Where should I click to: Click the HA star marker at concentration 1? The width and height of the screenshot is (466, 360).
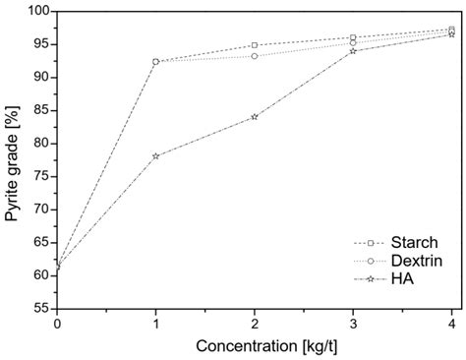pyautogui.click(x=156, y=155)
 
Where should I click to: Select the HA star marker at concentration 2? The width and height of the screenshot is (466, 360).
pyautogui.click(x=255, y=116)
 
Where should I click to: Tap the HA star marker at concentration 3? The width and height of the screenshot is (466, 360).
pyautogui.click(x=353, y=50)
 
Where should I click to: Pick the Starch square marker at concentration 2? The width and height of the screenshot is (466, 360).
pyautogui.click(x=255, y=45)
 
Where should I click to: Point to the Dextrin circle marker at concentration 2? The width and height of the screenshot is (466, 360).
pyautogui.click(x=255, y=56)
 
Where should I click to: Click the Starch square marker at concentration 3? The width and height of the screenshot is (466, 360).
pyautogui.click(x=353, y=37)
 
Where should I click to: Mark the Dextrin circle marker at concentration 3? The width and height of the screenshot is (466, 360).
pyautogui.click(x=353, y=42)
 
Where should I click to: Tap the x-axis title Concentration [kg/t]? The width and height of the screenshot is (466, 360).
pyautogui.click(x=256, y=346)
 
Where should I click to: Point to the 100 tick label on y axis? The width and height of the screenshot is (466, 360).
pyautogui.click(x=37, y=11)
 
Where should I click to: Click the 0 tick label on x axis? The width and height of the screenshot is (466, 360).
pyautogui.click(x=58, y=324)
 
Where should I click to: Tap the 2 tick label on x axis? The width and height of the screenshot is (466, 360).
pyautogui.click(x=255, y=324)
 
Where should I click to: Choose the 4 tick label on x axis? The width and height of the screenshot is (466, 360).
pyautogui.click(x=451, y=324)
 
